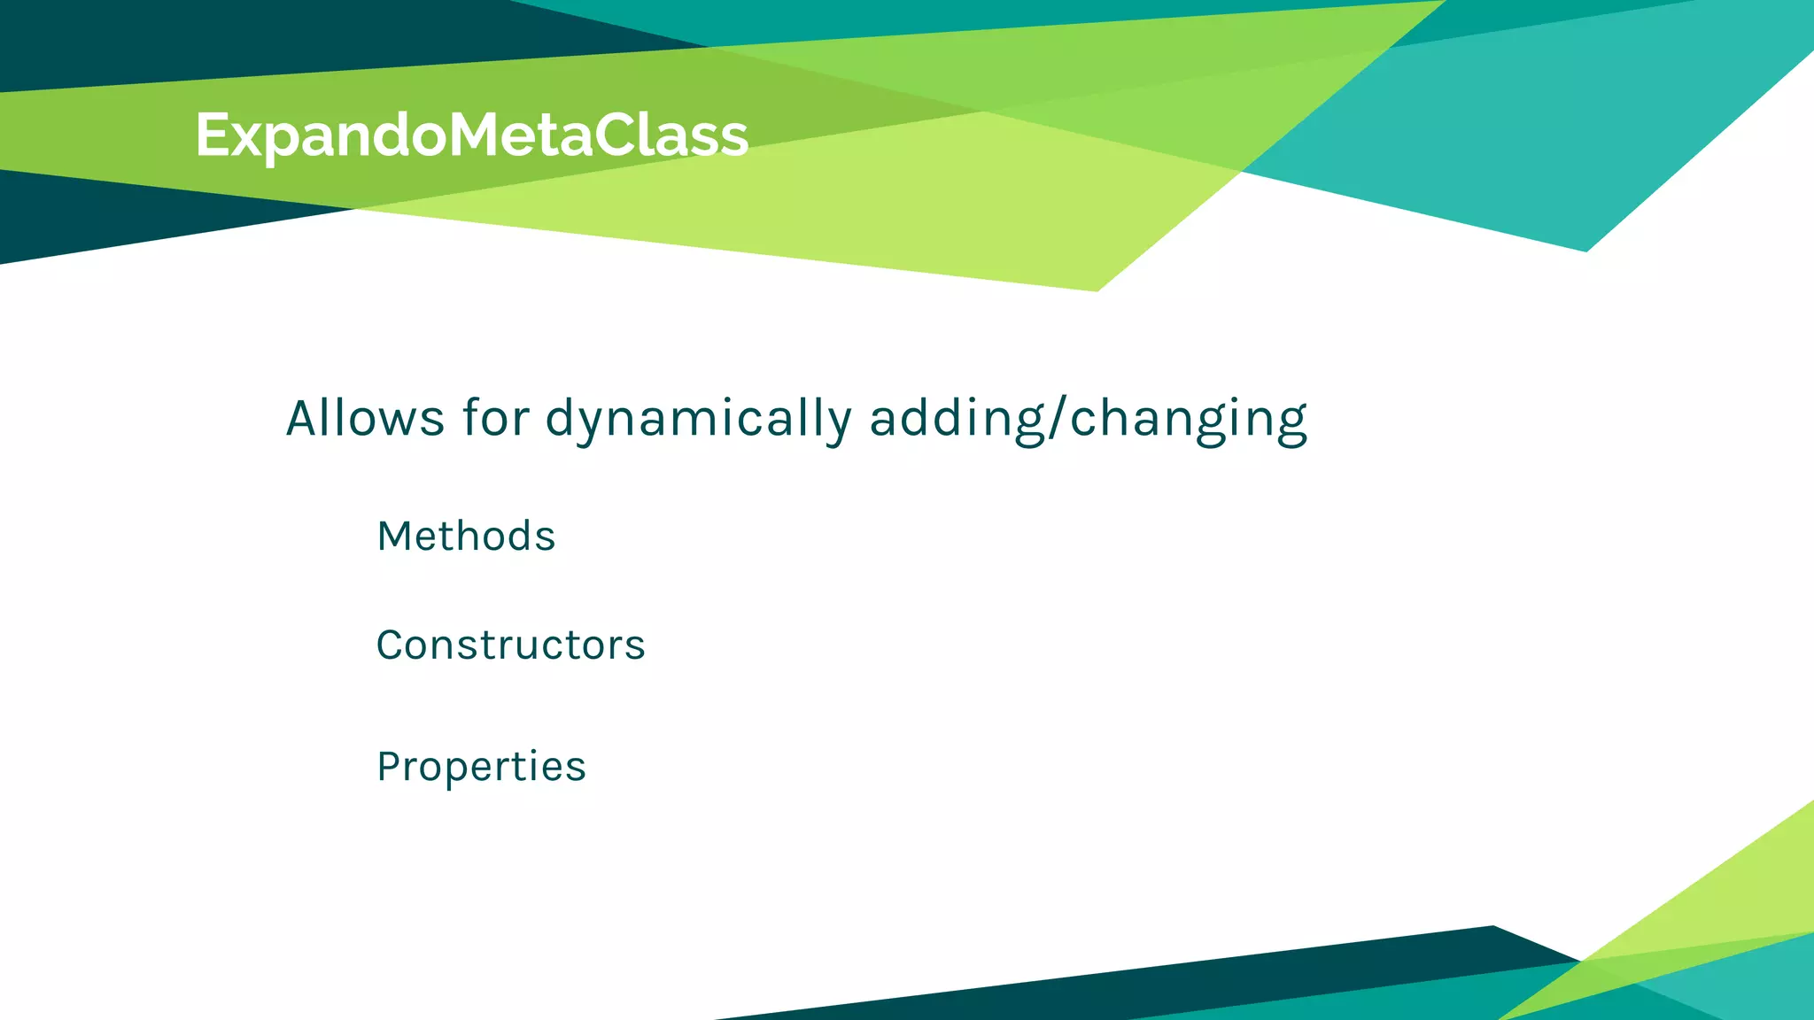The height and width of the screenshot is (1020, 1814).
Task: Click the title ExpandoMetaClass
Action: pos(471,135)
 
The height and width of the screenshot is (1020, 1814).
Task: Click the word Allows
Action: pos(364,418)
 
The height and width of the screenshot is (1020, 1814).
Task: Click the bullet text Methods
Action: pos(466,537)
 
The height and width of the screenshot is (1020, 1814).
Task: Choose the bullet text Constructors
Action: pos(510,645)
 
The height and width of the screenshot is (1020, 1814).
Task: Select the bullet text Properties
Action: pos(481,767)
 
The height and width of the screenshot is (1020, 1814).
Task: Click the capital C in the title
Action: pos(619,135)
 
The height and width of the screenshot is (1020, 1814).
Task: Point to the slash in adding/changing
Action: pos(1058,418)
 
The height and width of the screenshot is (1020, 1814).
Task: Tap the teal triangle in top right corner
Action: pos(1594,133)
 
